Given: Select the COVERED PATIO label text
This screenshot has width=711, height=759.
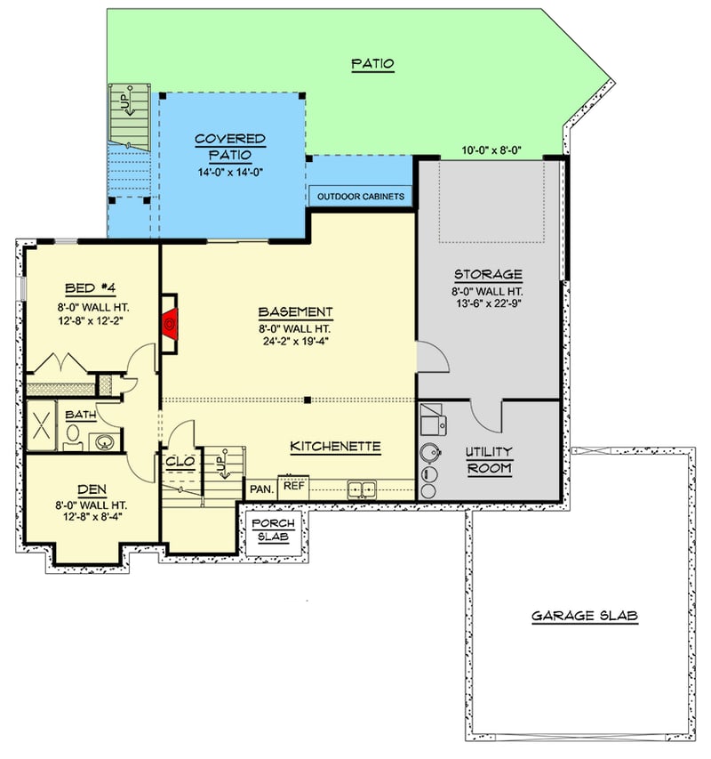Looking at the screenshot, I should [x=230, y=146].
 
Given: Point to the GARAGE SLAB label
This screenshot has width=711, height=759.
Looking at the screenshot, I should [x=585, y=616].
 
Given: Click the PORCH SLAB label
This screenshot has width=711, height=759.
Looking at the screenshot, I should [x=272, y=530].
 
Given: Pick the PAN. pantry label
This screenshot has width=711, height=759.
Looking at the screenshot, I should [x=261, y=489].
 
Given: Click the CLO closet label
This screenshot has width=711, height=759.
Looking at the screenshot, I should [x=175, y=462].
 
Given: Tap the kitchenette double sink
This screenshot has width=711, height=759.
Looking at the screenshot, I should [x=362, y=489].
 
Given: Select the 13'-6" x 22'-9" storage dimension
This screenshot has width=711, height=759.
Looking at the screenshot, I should [x=488, y=303].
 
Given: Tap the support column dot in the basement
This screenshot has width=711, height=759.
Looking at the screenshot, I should [x=307, y=400].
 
